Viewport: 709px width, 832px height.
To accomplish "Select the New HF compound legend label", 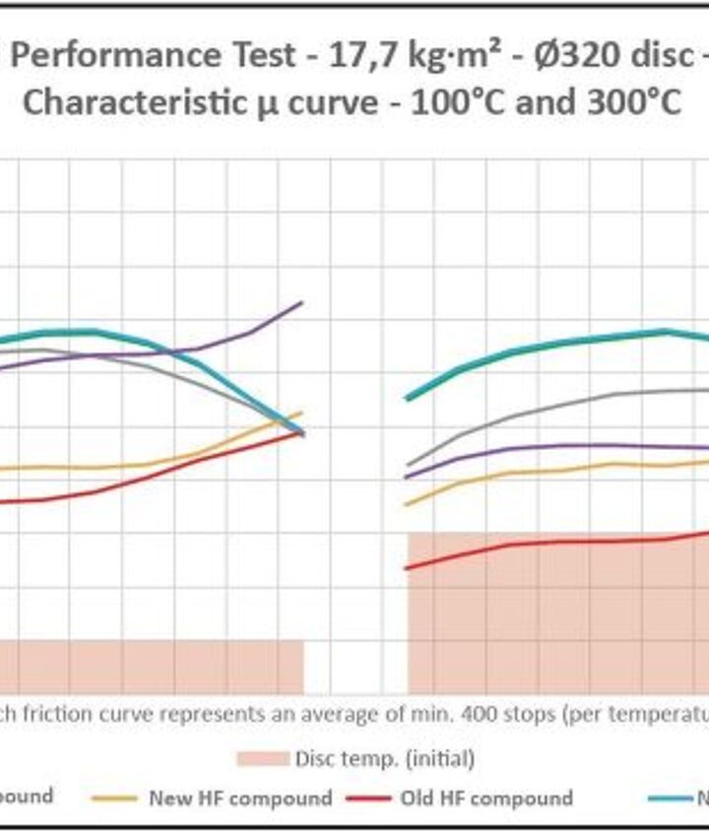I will click(x=240, y=798).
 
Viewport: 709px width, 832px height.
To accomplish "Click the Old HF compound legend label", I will click(x=486, y=798).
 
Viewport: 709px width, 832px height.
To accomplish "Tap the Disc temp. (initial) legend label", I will click(x=385, y=758).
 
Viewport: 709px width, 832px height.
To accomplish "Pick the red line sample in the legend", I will click(x=370, y=798).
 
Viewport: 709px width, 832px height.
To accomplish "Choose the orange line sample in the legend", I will click(x=114, y=798).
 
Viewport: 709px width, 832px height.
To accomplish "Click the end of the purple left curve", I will click(x=301, y=303).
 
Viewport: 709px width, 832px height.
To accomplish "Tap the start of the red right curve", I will click(x=408, y=568).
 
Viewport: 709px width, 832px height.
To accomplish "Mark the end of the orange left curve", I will click(x=301, y=413).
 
